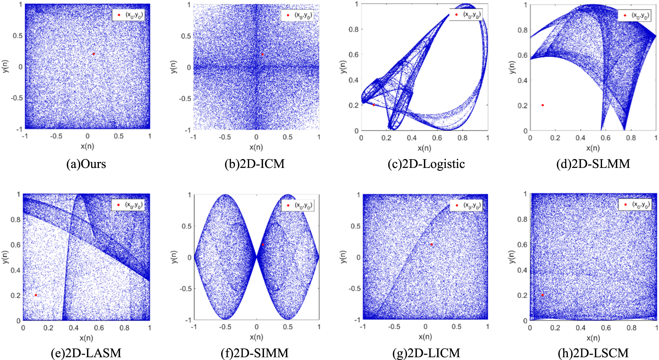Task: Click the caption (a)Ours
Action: [86, 164]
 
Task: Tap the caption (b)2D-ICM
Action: [254, 164]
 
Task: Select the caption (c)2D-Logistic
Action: [426, 164]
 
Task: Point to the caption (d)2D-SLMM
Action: [593, 164]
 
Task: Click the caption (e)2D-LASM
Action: [86, 353]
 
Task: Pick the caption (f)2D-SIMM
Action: [254, 353]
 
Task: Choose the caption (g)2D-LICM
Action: [426, 353]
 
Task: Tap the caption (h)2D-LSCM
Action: [593, 353]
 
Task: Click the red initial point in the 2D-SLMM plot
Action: [543, 105]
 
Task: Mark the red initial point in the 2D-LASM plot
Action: [36, 295]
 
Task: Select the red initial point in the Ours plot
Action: [93, 54]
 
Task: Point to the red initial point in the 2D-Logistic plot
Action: [374, 105]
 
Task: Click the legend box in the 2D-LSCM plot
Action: [634, 205]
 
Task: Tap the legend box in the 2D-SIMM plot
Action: [297, 205]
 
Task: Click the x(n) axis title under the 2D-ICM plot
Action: [256, 147]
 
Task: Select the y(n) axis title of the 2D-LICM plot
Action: [343, 257]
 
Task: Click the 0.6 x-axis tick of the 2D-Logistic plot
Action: [437, 138]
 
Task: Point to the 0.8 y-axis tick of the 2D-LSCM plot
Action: [523, 219]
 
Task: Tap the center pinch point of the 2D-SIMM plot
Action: [256, 257]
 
